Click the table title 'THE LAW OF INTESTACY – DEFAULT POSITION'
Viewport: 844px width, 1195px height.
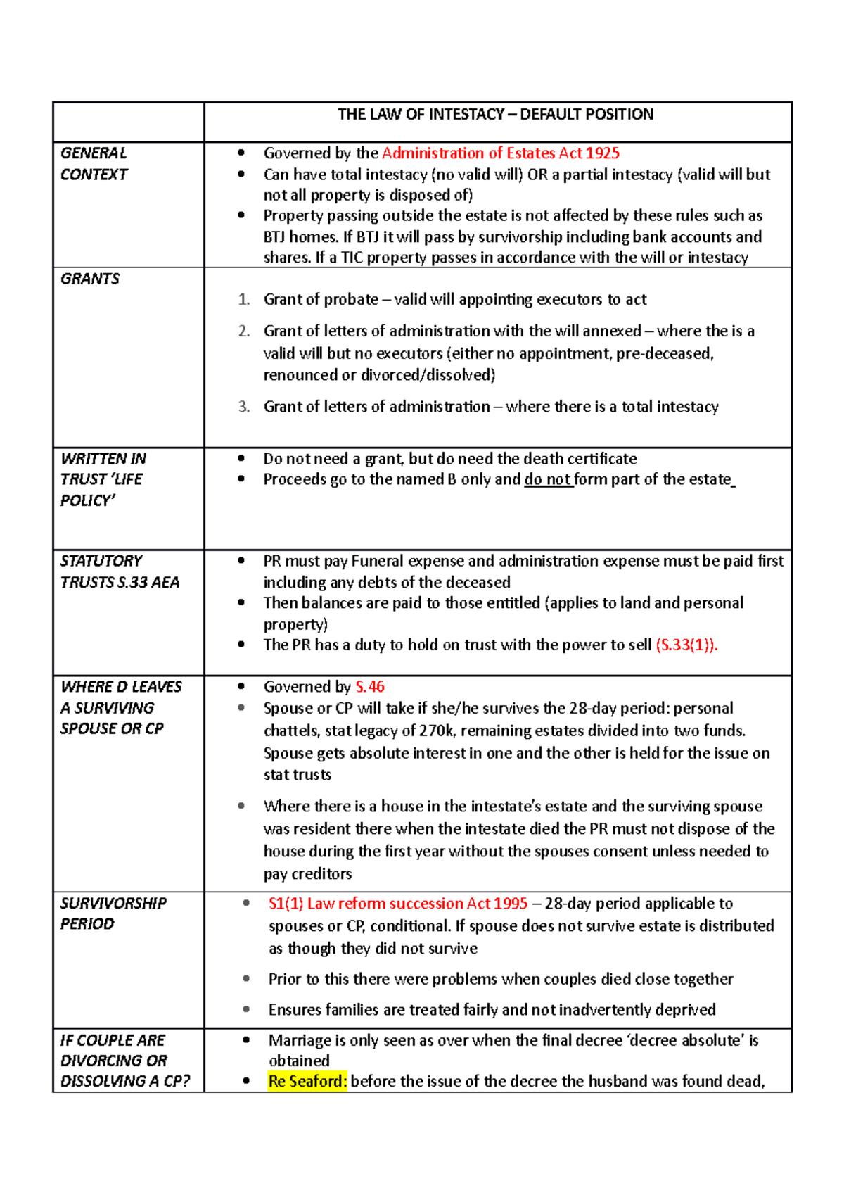(495, 115)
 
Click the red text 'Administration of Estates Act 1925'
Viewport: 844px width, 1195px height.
(500, 153)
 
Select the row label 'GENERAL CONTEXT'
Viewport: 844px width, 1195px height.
(94, 163)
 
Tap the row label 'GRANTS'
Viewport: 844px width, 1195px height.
(90, 279)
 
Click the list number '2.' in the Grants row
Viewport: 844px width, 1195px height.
(243, 331)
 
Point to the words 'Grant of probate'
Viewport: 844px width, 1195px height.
(321, 300)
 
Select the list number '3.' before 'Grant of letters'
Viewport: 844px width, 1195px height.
(243, 407)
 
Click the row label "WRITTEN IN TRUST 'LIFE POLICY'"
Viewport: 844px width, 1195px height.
(103, 479)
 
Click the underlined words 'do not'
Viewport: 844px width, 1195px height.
(547, 480)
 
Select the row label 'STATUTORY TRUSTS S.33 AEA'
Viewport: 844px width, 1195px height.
(119, 571)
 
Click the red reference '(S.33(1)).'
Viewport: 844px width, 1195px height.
(686, 645)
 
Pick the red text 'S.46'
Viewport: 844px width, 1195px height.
(370, 687)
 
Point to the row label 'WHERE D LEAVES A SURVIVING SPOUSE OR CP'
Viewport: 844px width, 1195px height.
(120, 707)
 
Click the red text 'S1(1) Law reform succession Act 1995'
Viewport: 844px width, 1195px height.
(398, 904)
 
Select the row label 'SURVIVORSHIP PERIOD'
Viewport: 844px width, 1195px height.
(113, 913)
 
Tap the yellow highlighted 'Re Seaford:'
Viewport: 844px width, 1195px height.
(307, 1082)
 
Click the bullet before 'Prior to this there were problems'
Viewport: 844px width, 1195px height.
(246, 979)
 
